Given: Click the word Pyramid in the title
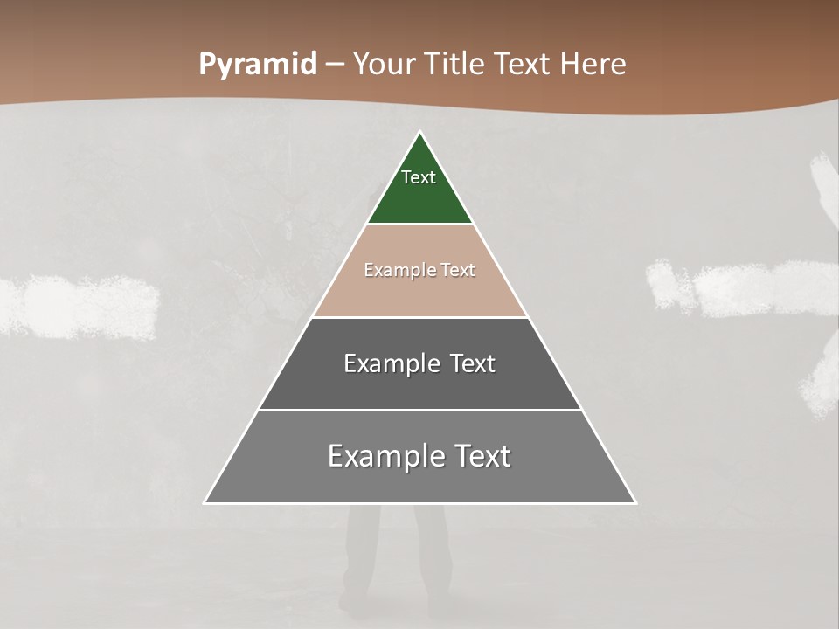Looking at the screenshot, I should (x=257, y=65).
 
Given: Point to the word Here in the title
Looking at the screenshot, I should (x=593, y=65).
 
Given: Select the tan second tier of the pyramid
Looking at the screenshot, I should (x=419, y=293).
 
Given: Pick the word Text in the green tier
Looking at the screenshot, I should (x=419, y=177).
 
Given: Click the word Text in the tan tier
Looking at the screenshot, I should (x=458, y=271).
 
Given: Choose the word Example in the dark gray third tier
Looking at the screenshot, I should (x=392, y=363).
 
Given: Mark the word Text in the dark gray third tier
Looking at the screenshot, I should (x=472, y=363).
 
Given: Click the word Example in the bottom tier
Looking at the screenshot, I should (x=380, y=456).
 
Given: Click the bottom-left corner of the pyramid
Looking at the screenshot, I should (x=206, y=502).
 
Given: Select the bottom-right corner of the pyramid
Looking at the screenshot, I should (x=634, y=502).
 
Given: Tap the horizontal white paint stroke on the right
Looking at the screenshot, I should (x=743, y=287).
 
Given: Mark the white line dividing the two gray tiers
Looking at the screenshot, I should (x=419, y=410).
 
